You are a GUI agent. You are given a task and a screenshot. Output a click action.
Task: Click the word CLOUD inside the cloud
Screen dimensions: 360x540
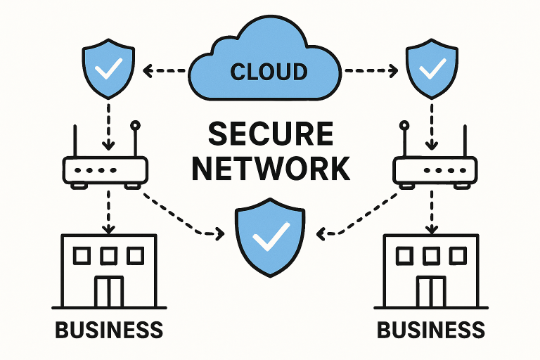pyautogui.click(x=269, y=71)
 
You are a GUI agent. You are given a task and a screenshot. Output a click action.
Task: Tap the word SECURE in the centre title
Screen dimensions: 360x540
pyautogui.click(x=271, y=134)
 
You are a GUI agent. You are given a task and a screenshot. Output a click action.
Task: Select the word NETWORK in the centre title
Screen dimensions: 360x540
pyautogui.click(x=271, y=169)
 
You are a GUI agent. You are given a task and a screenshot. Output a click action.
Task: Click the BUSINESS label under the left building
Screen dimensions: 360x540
pyautogui.click(x=109, y=329)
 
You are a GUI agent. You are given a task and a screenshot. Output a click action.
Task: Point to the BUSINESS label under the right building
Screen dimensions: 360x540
pyautogui.click(x=431, y=329)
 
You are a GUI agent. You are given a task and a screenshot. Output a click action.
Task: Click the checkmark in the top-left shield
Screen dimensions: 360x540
pyautogui.click(x=109, y=68)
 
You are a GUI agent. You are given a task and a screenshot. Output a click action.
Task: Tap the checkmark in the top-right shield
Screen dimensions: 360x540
pyautogui.click(x=432, y=68)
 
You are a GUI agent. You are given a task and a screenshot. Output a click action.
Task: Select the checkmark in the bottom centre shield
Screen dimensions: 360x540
pyautogui.click(x=269, y=239)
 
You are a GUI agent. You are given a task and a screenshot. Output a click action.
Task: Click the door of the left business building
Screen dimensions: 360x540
pyautogui.click(x=110, y=291)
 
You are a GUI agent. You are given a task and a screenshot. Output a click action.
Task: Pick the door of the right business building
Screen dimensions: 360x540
pyautogui.click(x=431, y=291)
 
